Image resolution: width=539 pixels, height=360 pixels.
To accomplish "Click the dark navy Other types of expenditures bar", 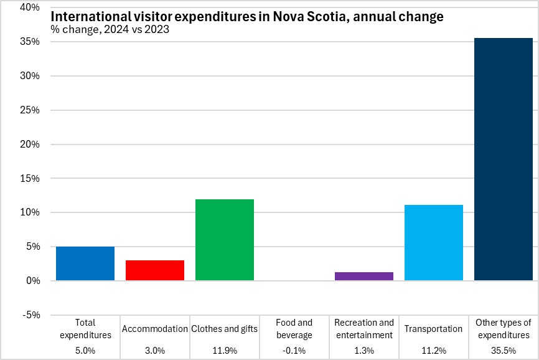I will (504, 159).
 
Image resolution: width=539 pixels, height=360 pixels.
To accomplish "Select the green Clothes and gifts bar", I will (225, 240).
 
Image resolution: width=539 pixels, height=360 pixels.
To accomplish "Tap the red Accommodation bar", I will (155, 270).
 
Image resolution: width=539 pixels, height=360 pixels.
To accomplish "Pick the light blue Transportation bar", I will (434, 242).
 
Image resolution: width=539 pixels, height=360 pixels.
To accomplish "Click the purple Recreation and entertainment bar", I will (364, 276).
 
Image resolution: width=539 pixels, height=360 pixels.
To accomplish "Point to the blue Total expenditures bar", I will (85, 263).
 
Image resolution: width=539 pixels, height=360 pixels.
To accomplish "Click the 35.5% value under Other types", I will (504, 351).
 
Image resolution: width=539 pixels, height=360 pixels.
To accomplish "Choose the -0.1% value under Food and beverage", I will (294, 351).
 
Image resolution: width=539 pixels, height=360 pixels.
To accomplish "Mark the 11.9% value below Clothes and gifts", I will (225, 351).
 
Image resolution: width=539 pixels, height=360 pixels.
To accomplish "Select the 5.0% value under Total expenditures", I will (85, 351).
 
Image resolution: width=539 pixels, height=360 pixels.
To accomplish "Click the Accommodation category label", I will (155, 329).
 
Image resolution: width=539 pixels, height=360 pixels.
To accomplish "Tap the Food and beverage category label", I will (294, 329).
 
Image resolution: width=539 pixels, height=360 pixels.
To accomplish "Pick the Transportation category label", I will (434, 329).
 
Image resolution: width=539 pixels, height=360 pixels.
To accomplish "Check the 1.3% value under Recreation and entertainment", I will (364, 351).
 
